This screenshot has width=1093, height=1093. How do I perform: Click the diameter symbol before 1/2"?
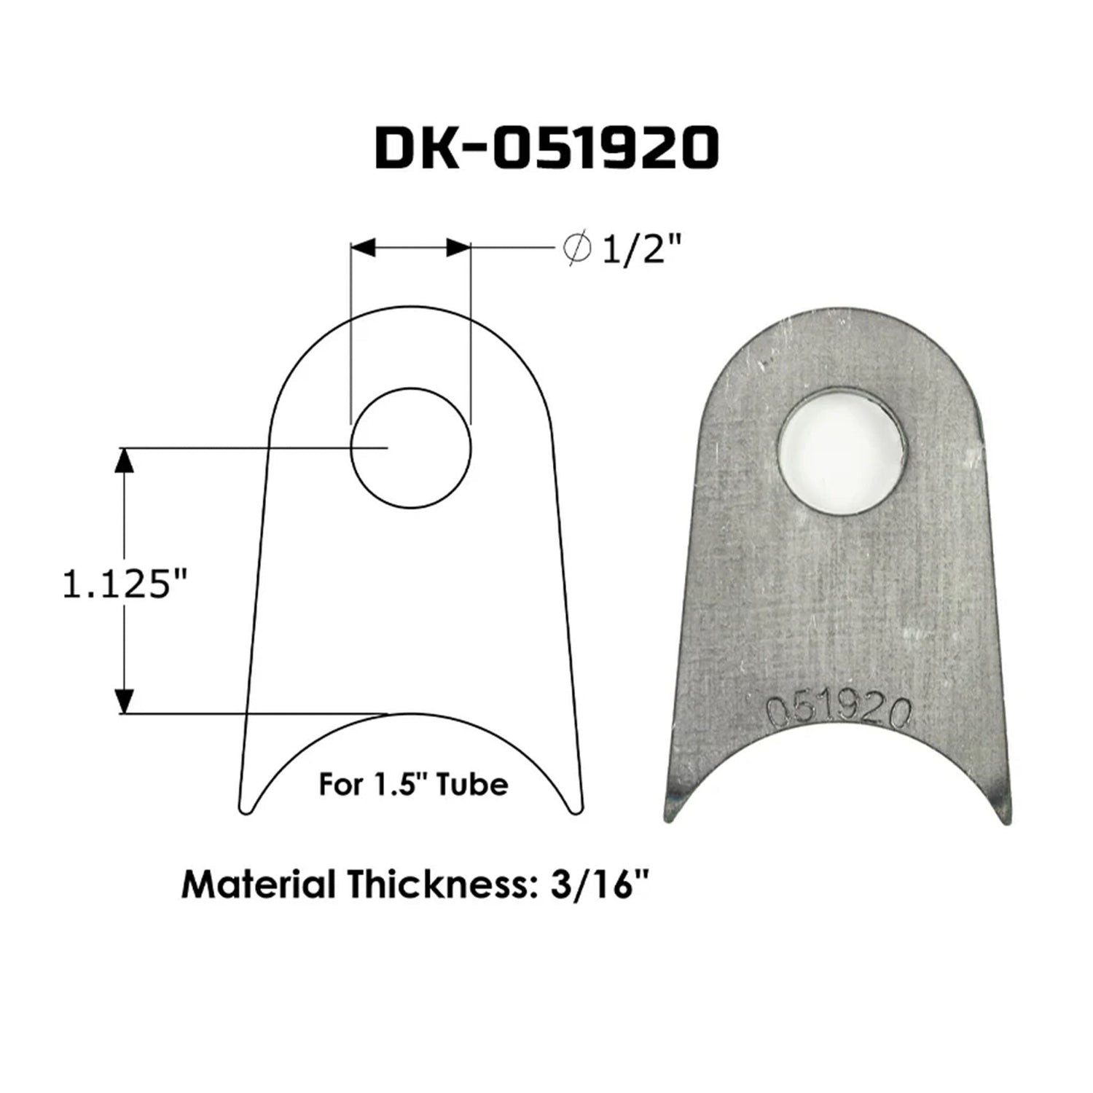577,249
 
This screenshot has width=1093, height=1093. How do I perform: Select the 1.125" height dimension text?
125,585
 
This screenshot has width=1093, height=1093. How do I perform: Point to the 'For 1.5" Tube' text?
413,785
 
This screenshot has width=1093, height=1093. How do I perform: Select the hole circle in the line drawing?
410,448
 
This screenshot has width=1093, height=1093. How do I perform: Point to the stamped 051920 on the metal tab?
839,710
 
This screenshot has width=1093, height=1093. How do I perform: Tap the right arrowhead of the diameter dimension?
458,248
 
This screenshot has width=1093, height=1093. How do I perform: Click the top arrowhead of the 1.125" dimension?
125,461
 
